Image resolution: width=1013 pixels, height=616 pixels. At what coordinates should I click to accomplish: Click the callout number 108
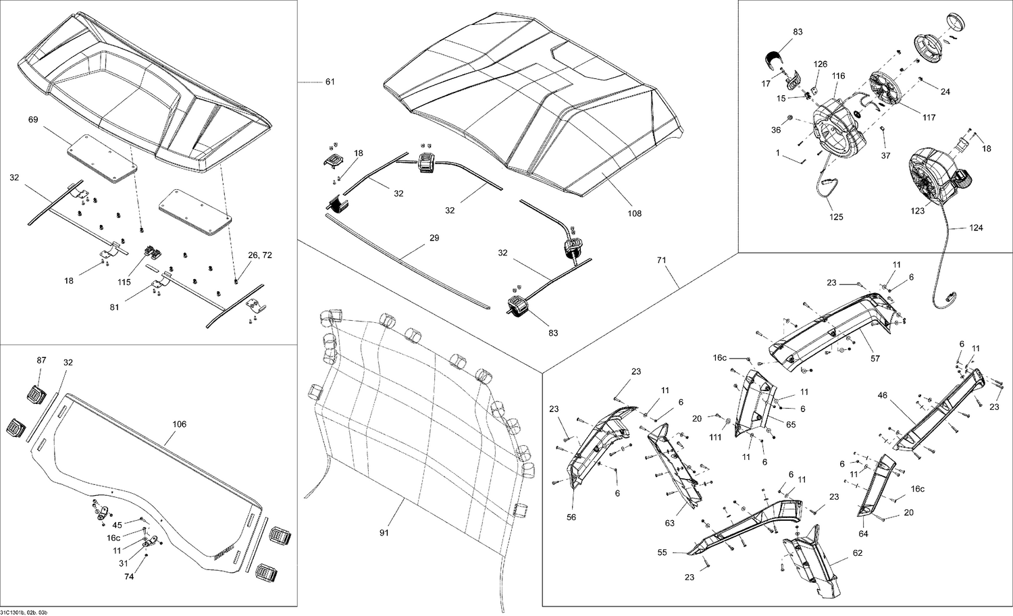click(x=634, y=213)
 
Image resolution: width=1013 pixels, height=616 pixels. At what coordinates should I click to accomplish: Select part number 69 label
click(x=33, y=120)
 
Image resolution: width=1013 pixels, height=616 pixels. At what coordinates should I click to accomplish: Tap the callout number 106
click(x=179, y=424)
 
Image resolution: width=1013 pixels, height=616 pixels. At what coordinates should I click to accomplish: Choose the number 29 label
click(x=434, y=238)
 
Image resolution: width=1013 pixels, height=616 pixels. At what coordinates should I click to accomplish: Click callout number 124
click(x=975, y=228)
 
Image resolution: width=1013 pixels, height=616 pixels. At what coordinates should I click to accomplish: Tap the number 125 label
click(x=835, y=217)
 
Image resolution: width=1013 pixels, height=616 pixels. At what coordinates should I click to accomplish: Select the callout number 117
click(x=929, y=118)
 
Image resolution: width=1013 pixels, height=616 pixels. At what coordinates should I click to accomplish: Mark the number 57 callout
click(x=875, y=359)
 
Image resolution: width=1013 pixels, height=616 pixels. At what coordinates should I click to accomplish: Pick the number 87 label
click(x=41, y=361)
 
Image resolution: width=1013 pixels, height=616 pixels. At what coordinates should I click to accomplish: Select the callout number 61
click(x=330, y=82)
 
